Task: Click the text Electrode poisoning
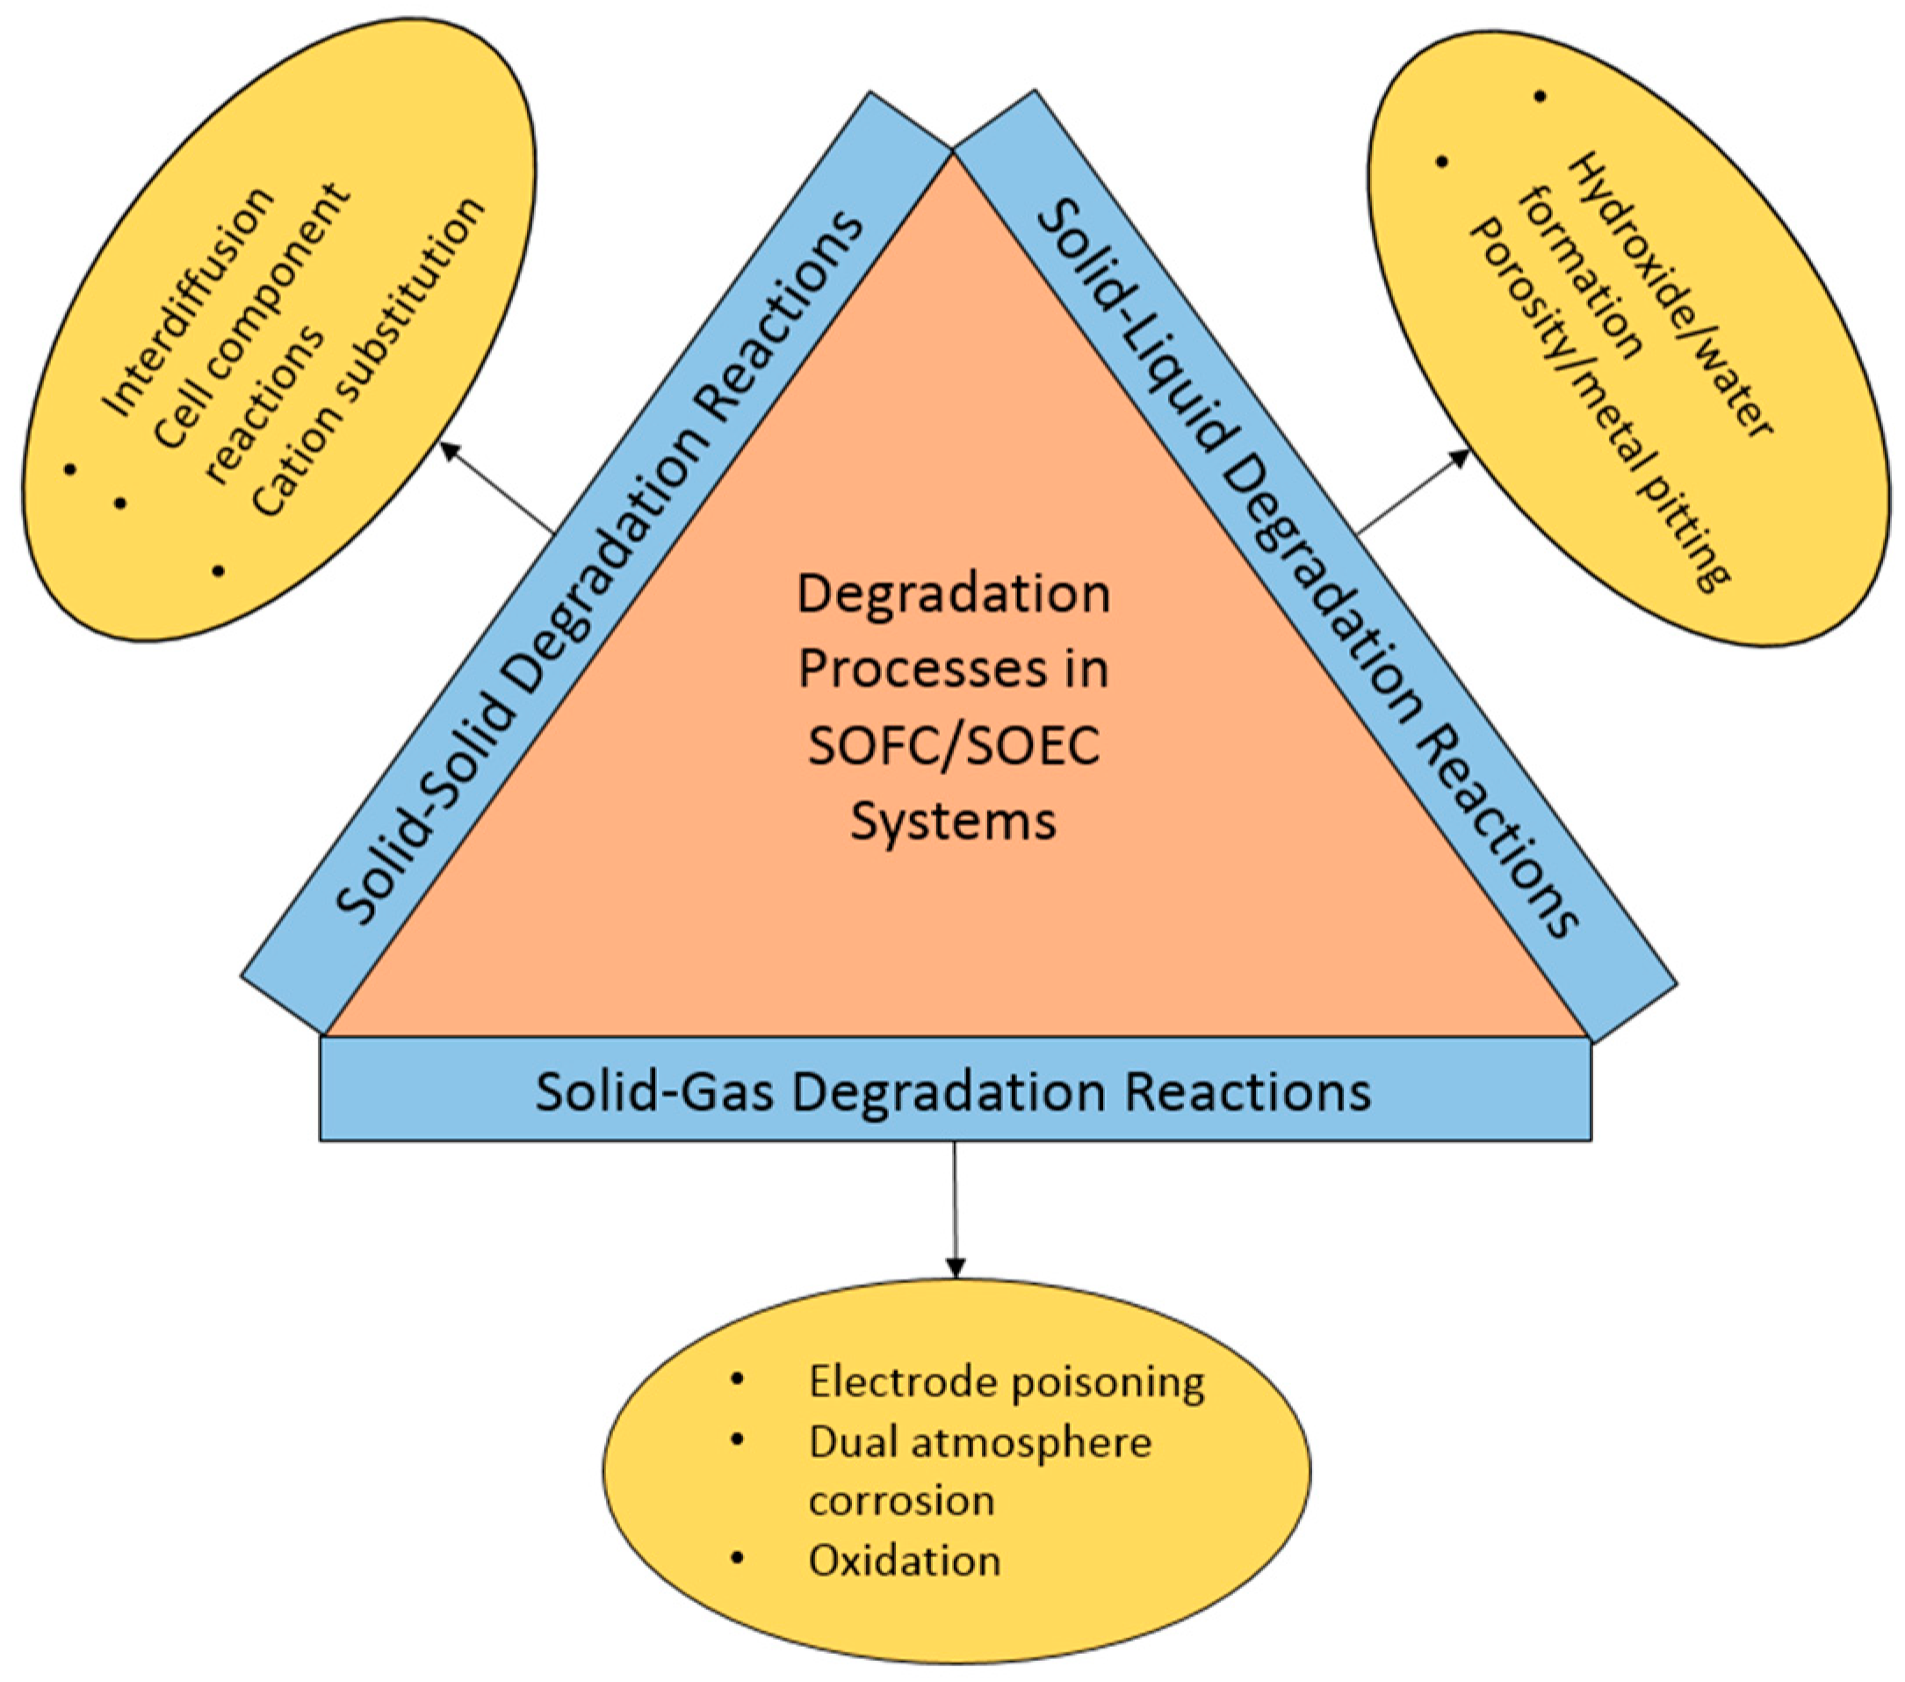[x=1006, y=1381]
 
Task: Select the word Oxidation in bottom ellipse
[x=904, y=1561]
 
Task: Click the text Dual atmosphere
[x=979, y=1442]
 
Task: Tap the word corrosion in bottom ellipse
[x=901, y=1501]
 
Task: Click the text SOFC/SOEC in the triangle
[x=954, y=746]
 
